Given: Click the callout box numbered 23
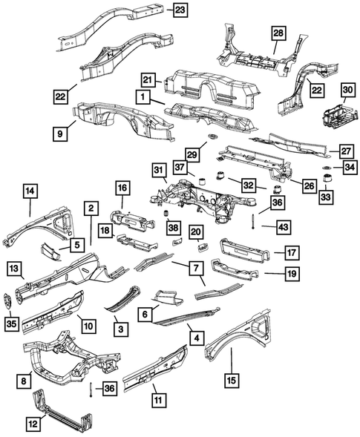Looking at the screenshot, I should [180, 10].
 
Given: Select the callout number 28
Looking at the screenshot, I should [278, 34].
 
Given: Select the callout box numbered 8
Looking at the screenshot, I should [24, 381].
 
